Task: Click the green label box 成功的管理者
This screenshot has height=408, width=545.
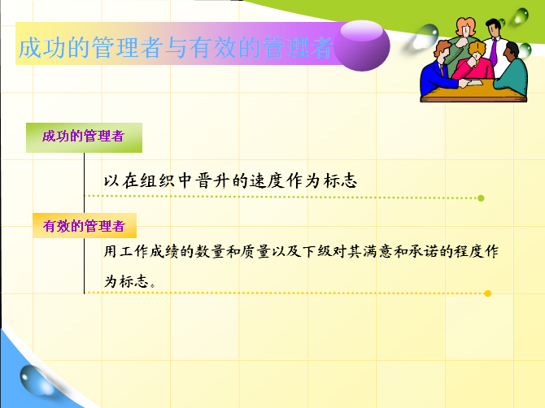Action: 84,137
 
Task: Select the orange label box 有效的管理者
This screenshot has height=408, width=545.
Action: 85,226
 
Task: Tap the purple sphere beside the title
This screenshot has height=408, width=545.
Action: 362,46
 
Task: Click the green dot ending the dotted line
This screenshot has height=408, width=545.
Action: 481,198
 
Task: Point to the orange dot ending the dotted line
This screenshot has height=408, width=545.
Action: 487,293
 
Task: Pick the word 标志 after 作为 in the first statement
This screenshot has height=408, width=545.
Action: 340,180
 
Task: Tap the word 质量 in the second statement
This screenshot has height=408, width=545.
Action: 255,251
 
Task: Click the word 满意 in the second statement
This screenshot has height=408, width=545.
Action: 377,251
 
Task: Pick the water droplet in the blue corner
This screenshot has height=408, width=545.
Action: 36,380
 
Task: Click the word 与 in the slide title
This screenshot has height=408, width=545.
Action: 177,47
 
